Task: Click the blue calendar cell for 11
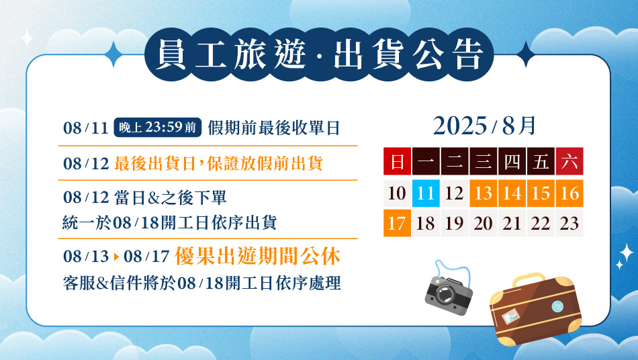tap(426, 193)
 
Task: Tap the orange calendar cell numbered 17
tap(397, 223)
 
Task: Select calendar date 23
tap(569, 223)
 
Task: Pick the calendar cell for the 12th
tap(455, 193)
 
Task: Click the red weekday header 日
tap(397, 161)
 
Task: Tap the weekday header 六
tap(569, 161)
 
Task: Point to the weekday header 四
tap(512, 161)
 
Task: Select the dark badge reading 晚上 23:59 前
tap(157, 128)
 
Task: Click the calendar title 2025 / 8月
tap(484, 126)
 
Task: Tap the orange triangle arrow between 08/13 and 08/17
tap(116, 257)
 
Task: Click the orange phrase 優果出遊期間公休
tap(258, 257)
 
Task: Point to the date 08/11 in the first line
tap(86, 128)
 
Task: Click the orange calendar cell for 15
tap(541, 193)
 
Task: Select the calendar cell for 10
tap(397, 193)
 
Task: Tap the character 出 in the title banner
tap(349, 54)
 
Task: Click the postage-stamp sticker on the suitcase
tap(510, 316)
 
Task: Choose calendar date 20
tap(483, 223)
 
